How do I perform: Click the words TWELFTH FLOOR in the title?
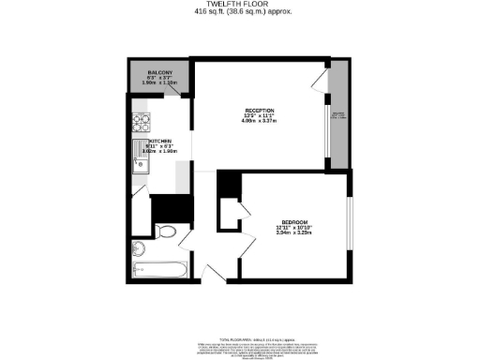click(239, 5)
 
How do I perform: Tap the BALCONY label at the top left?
click(159, 72)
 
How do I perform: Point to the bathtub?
click(158, 271)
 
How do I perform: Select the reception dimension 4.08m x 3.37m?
click(260, 121)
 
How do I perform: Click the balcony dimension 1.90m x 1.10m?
click(159, 83)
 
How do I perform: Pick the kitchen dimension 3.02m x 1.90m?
click(160, 151)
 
